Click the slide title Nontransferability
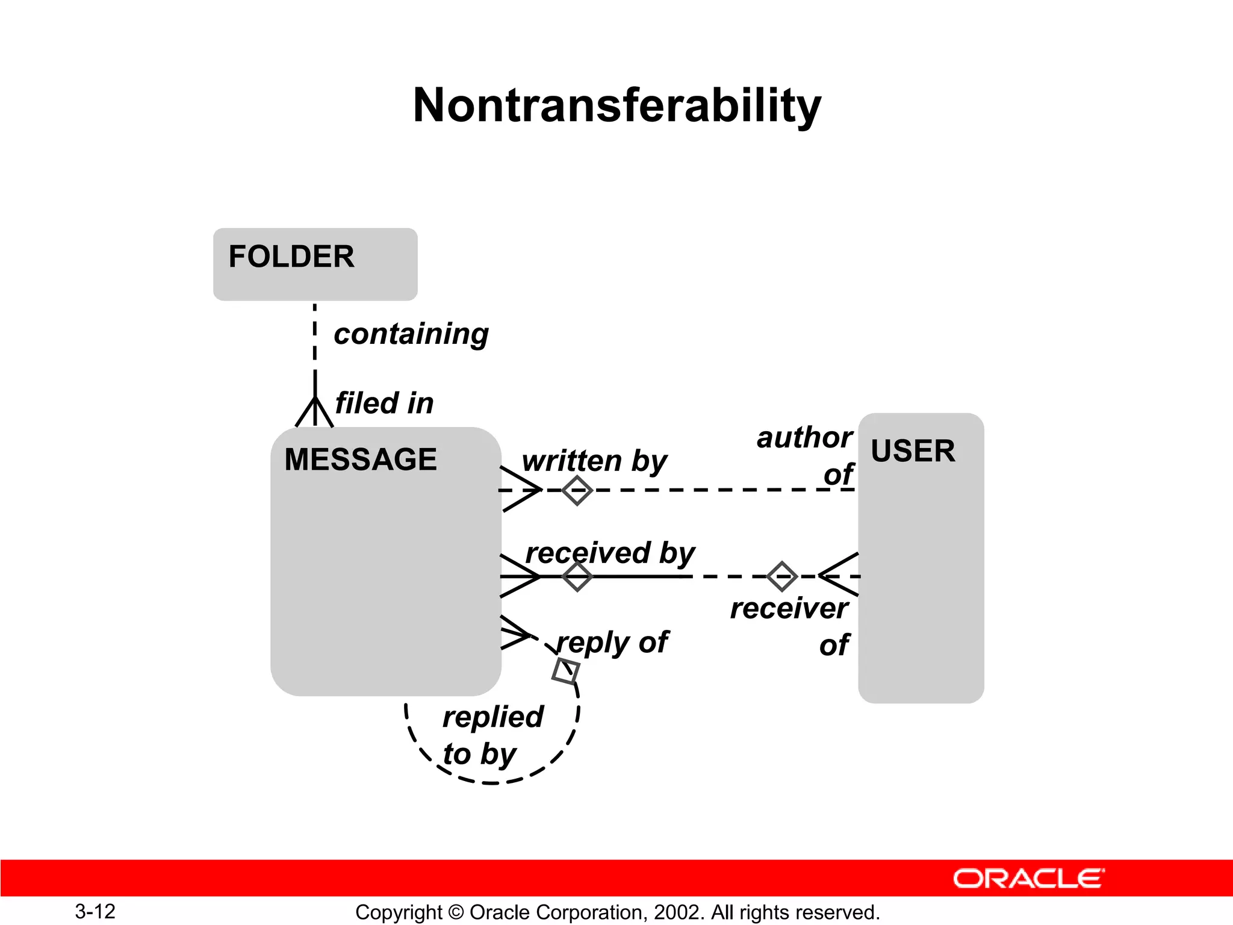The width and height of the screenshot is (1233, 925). tap(616, 105)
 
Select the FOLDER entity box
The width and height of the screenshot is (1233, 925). tap(315, 264)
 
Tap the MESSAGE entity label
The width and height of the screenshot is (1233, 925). tap(360, 459)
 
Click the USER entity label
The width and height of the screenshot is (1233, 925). tap(913, 451)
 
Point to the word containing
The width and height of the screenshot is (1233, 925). tap(411, 334)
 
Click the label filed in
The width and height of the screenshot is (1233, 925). tap(384, 403)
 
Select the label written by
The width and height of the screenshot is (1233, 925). tap(594, 461)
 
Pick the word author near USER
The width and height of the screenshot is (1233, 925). tap(804, 437)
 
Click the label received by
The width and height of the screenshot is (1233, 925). tap(610, 553)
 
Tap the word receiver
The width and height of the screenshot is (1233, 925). tap(789, 608)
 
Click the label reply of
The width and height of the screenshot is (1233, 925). tap(612, 643)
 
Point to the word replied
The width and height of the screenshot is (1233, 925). tap(493, 717)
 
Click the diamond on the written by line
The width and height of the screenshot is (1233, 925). tap(577, 490)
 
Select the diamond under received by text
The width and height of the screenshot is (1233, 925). tap(577, 576)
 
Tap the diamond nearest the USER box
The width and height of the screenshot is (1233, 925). tap(782, 576)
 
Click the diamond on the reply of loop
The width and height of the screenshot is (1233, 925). tap(566, 671)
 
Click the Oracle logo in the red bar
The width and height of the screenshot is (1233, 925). tap(1028, 879)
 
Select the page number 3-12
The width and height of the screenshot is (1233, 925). tap(95, 911)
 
